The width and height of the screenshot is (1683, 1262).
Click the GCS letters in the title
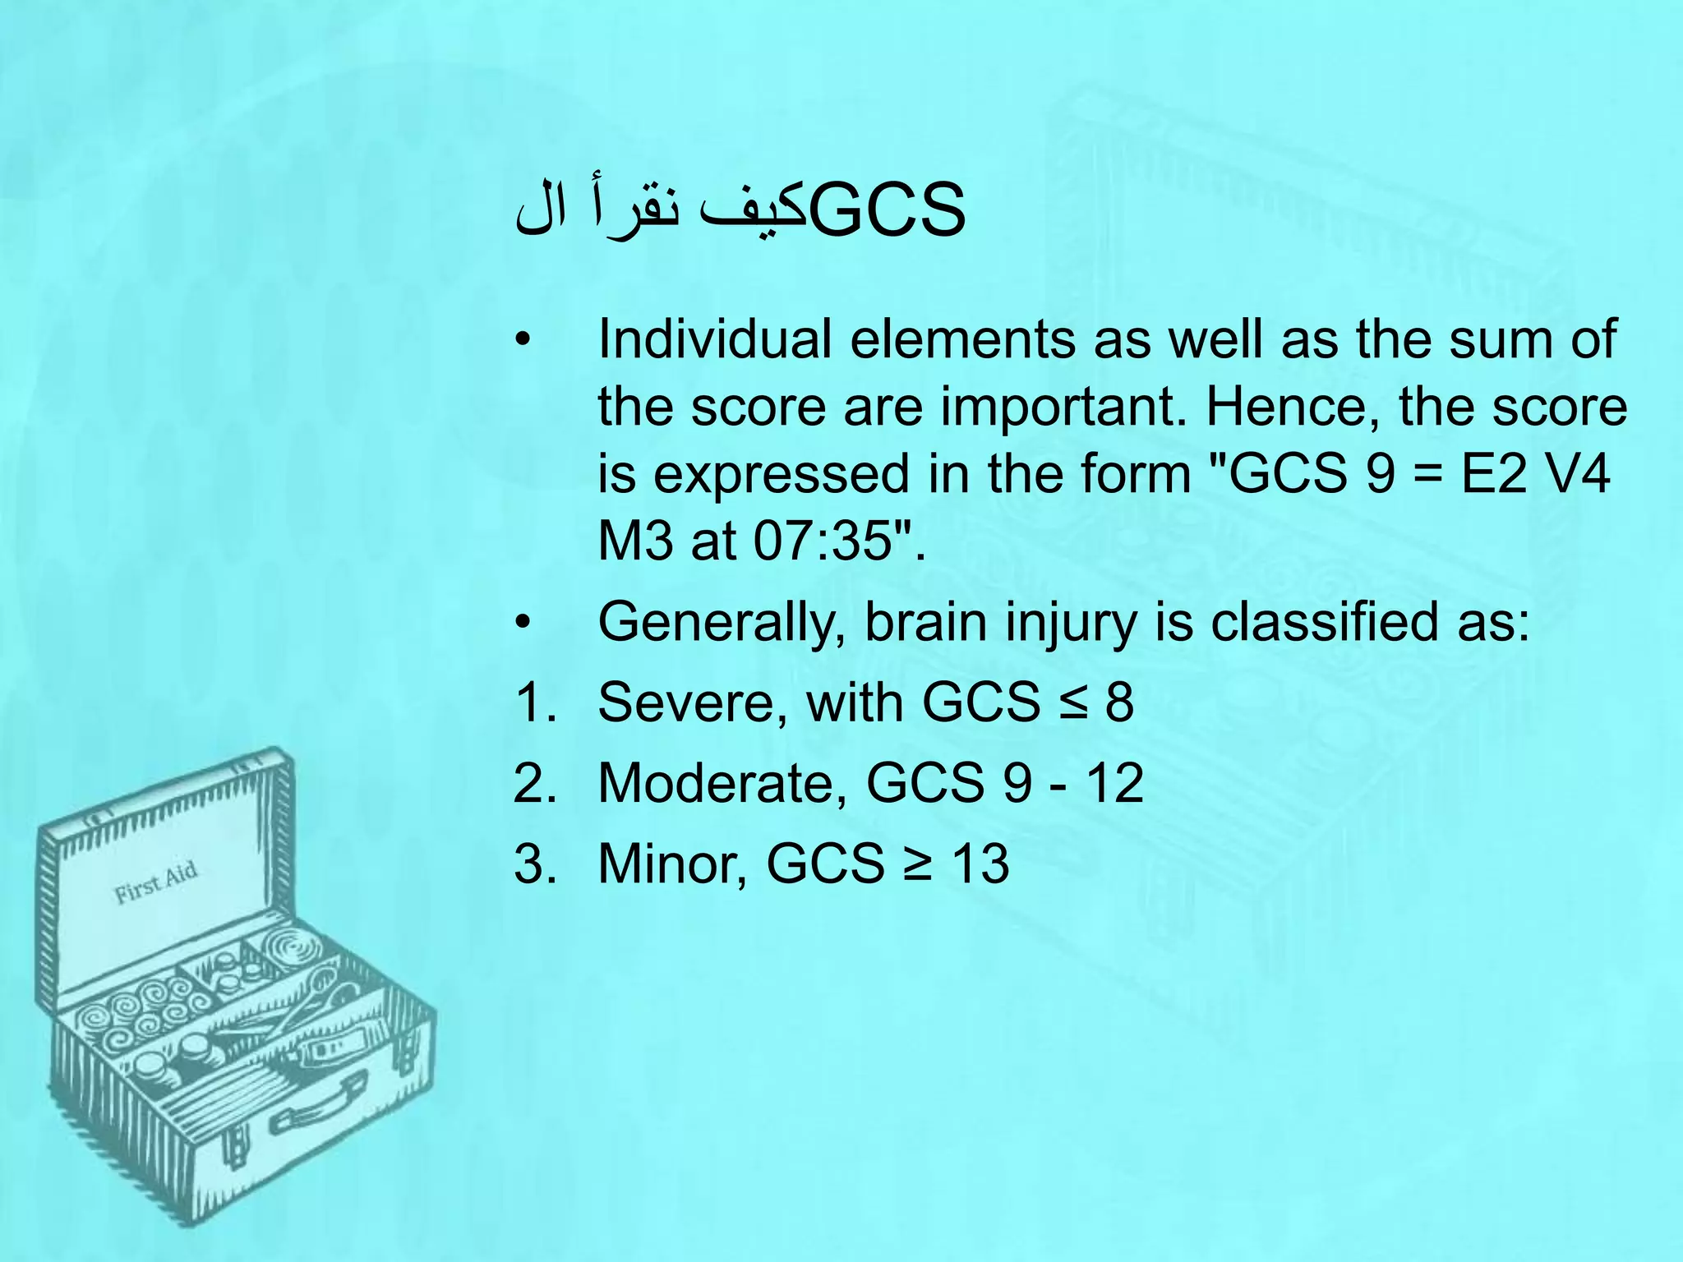click(x=888, y=212)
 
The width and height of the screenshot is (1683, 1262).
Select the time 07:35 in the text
click(x=822, y=541)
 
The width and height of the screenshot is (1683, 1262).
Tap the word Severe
click(x=693, y=702)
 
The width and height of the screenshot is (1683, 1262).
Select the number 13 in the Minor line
click(x=980, y=864)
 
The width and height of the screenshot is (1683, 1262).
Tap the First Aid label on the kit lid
click(x=155, y=882)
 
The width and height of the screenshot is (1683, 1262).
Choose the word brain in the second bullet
click(x=925, y=622)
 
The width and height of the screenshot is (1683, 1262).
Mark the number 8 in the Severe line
click(x=1119, y=702)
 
